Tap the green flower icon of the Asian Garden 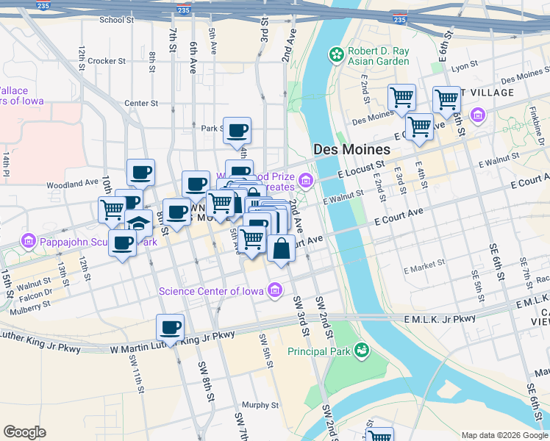pos(337,54)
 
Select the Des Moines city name pos(351,148)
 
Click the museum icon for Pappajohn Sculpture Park pos(29,240)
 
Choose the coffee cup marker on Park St pos(237,132)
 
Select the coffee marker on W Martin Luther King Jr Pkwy pos(170,328)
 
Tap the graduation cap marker pos(138,223)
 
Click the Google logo pos(24,432)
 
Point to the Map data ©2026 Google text pos(503,435)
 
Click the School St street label pos(116,20)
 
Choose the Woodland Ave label pos(72,183)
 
